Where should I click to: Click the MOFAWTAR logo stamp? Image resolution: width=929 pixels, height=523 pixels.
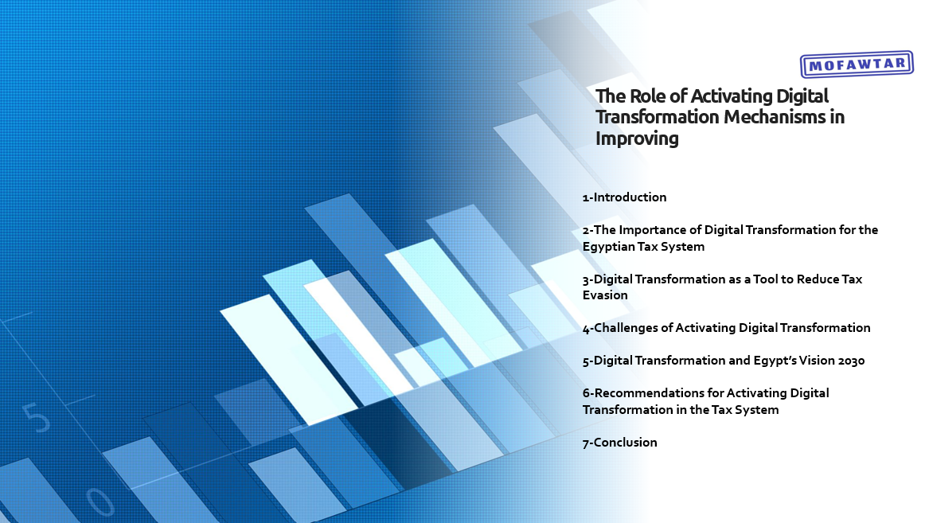pyautogui.click(x=856, y=64)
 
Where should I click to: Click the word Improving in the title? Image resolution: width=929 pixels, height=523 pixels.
pyautogui.click(x=637, y=138)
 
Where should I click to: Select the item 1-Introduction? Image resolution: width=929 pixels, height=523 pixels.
pyautogui.click(x=624, y=197)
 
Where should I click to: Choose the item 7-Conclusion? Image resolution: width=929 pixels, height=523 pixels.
pyautogui.click(x=619, y=442)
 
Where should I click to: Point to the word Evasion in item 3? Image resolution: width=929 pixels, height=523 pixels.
pyautogui.click(x=605, y=295)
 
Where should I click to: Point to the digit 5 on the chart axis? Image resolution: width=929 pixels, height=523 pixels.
pyautogui.click(x=36, y=418)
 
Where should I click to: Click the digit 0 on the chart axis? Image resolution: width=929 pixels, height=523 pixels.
pyautogui.click(x=100, y=502)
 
